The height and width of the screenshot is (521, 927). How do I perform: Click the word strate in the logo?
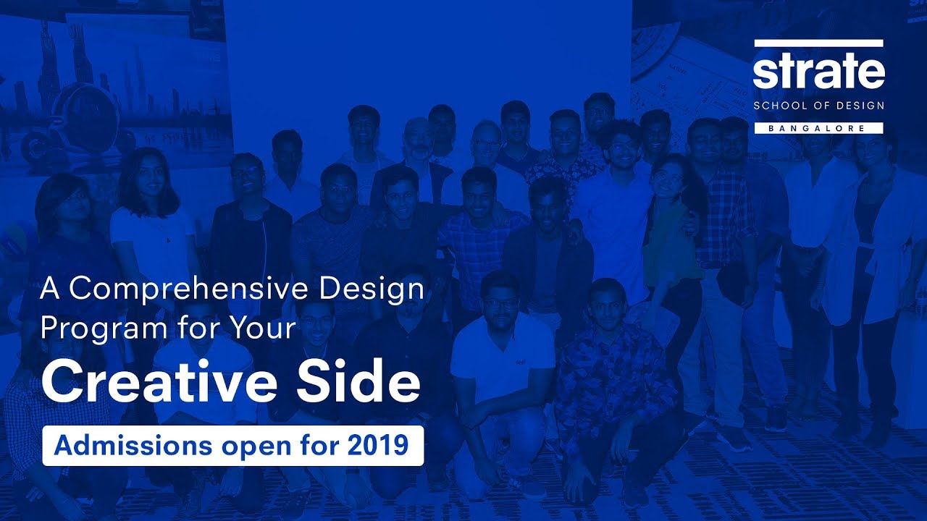point(818,72)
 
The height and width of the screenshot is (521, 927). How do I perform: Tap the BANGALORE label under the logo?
point(818,128)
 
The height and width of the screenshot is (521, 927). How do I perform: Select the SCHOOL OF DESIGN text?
point(818,106)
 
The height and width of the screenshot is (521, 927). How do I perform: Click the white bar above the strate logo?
point(818,43)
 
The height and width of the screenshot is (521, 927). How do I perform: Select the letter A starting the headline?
point(49,289)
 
